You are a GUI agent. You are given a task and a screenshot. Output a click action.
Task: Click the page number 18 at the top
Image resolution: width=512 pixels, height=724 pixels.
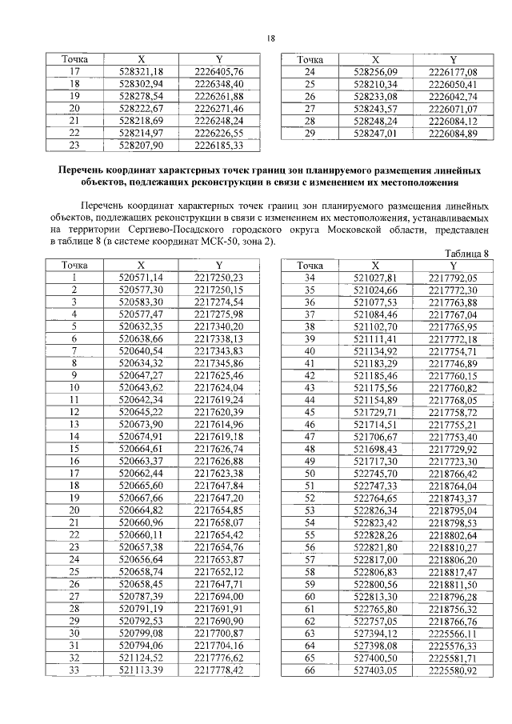(x=270, y=38)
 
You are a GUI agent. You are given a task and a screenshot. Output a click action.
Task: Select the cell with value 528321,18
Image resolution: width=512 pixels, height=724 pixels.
(x=141, y=71)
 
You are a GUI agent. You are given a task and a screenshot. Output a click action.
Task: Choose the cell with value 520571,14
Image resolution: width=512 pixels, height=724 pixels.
(x=141, y=278)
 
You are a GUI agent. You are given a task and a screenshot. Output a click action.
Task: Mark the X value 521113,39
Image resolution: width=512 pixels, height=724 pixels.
(x=141, y=670)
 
